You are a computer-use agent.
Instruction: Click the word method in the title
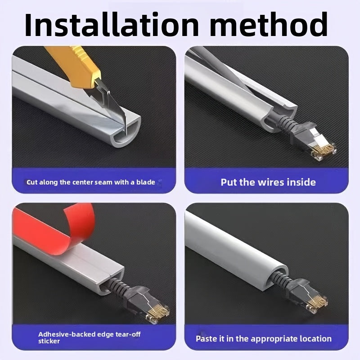pyautogui.click(x=269, y=25)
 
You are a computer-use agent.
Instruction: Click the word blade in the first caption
pyautogui.click(x=146, y=182)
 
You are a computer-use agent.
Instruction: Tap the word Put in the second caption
pyautogui.click(x=229, y=182)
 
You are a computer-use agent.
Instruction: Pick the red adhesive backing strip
pyautogui.click(x=55, y=232)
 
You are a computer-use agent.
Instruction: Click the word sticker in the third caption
pyautogui.click(x=49, y=341)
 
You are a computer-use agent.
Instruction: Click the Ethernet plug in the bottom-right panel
pyautogui.click(x=309, y=296)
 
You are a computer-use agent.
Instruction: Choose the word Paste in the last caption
pyautogui.click(x=205, y=339)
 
